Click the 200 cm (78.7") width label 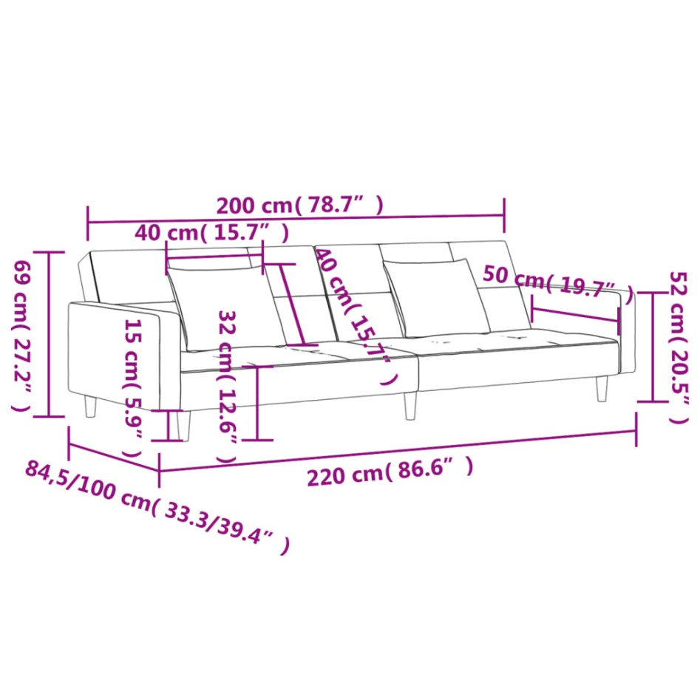pyautogui.click(x=299, y=205)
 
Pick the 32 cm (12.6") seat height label pyautogui.click(x=227, y=384)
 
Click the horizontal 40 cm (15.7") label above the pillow pyautogui.click(x=211, y=234)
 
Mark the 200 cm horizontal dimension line pyautogui.click(x=296, y=219)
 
